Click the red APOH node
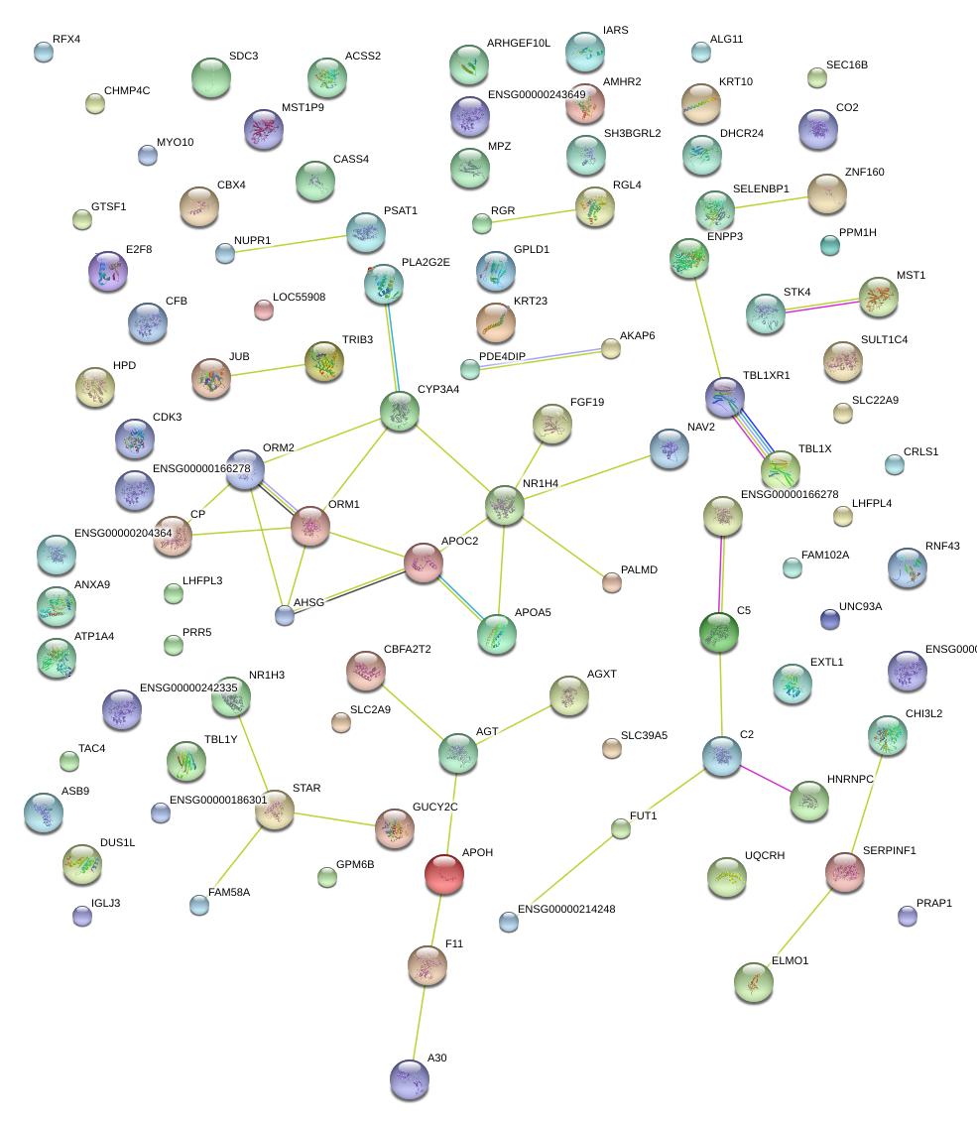pos(443,873)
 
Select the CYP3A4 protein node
pos(399,411)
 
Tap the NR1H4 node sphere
pos(504,505)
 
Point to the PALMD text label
pos(639,570)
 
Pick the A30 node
pos(409,1078)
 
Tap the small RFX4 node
pos(43,52)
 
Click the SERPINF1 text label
pos(889,850)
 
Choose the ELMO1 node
pos(753,981)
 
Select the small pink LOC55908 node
pos(263,310)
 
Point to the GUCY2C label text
pos(434,807)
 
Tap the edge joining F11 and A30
pos(420,1019)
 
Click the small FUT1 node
pos(620,828)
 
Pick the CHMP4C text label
pos(127,90)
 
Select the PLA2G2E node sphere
pos(383,285)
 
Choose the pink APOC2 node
pos(424,562)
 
